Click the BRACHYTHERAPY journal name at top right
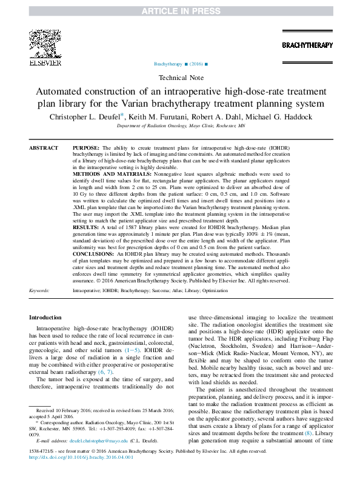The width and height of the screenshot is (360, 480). [x=307, y=45]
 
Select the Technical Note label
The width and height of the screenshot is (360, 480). [x=180, y=78]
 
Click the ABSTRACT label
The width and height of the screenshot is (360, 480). [x=44, y=148]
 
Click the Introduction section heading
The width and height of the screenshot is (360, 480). [x=45, y=318]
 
